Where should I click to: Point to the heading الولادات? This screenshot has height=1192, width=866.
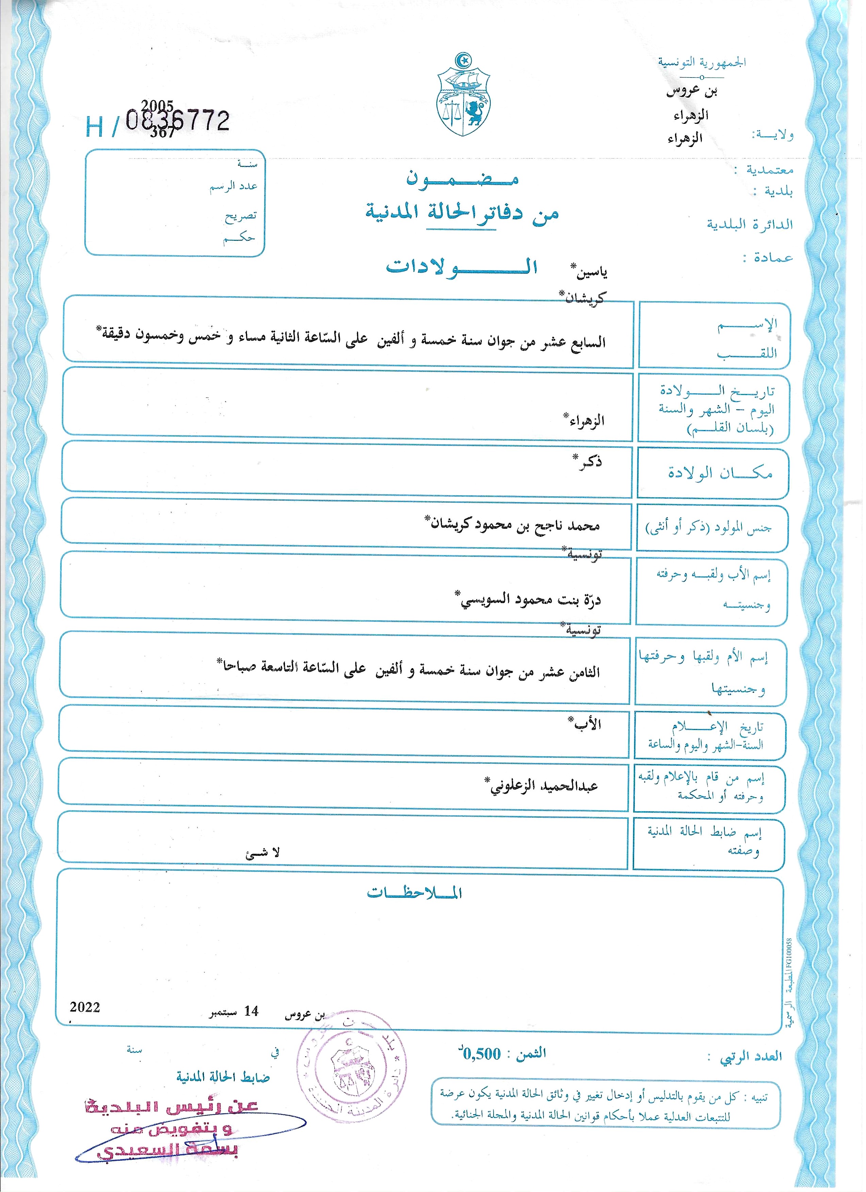[461, 266]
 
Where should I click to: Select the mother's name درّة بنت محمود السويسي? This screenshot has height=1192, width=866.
[528, 599]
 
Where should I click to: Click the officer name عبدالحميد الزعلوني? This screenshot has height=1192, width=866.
[542, 786]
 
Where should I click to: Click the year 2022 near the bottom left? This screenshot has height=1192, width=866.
[85, 1007]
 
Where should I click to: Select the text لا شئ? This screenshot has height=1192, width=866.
[262, 852]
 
